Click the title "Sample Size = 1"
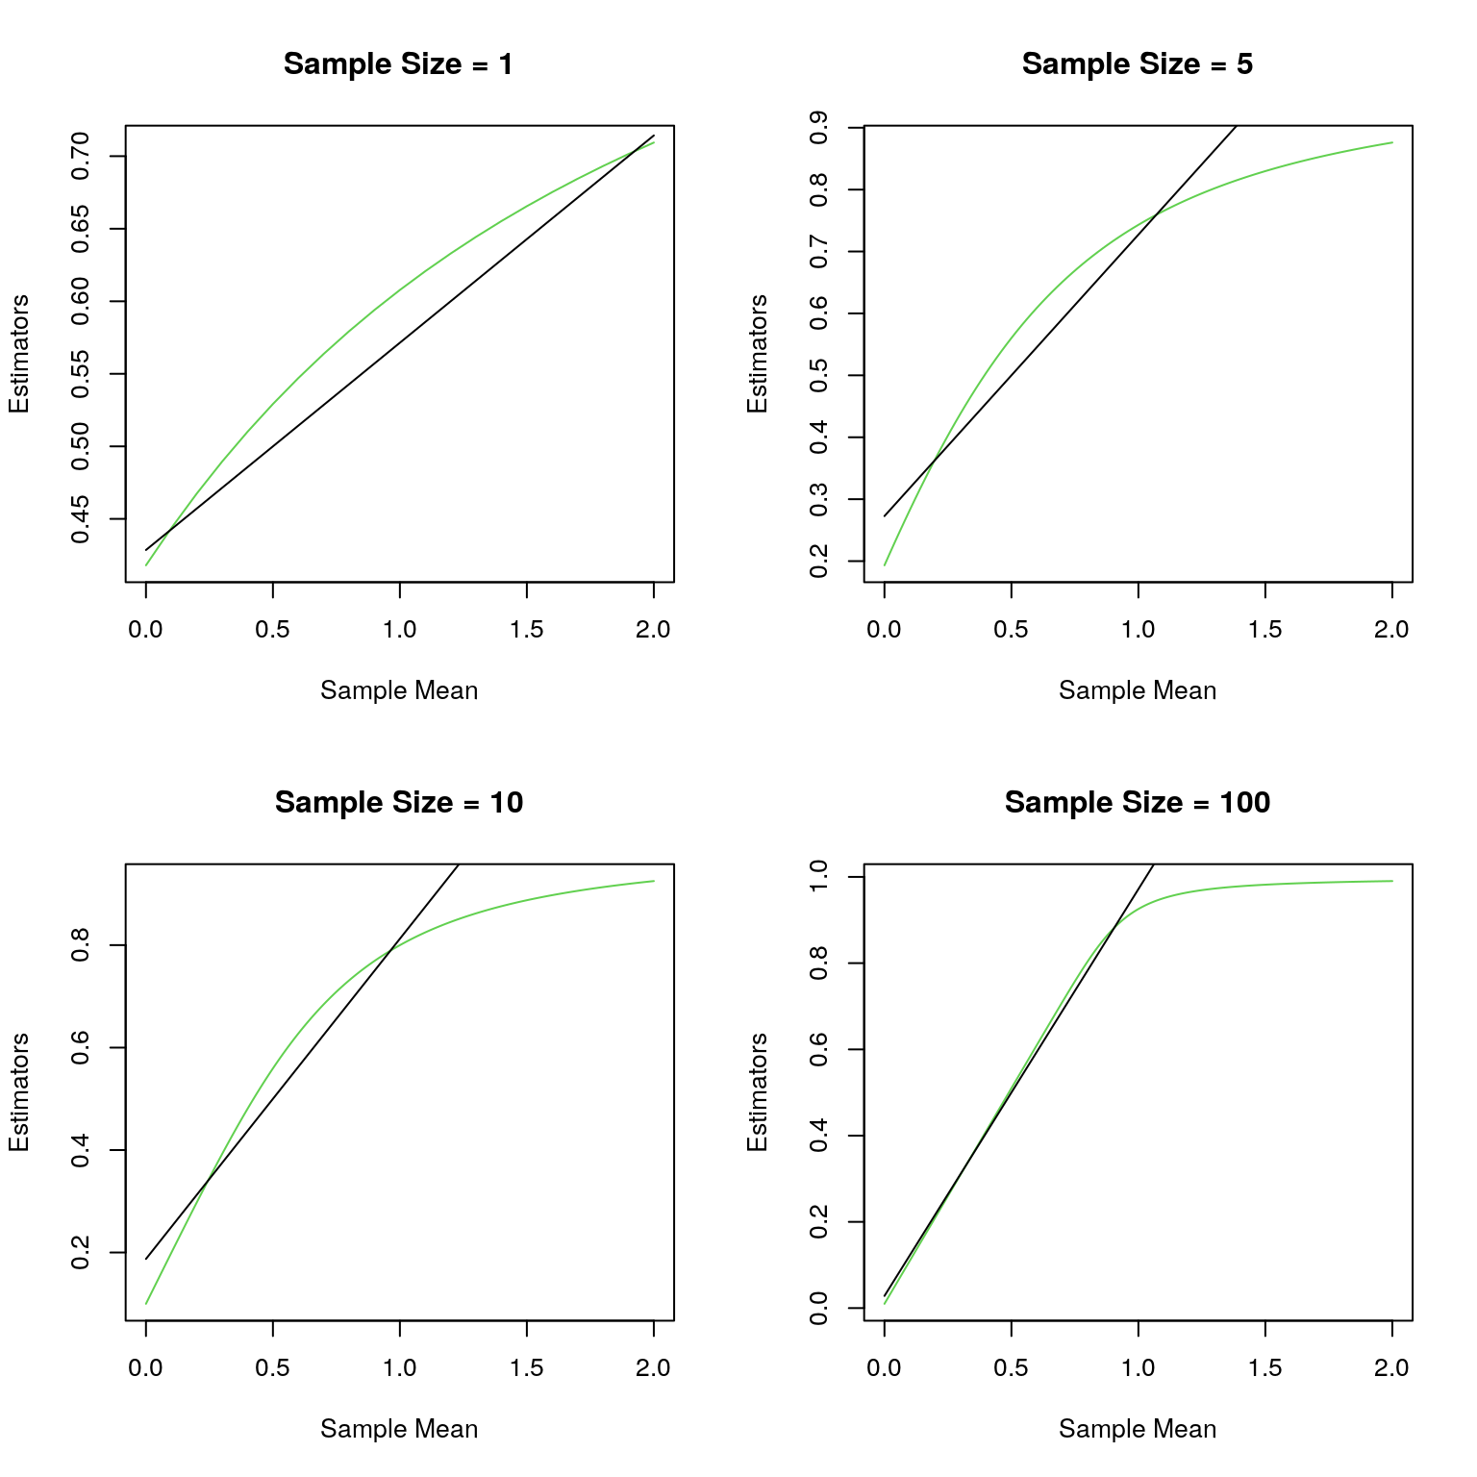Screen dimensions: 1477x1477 (x=398, y=64)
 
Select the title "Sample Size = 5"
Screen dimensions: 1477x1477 (x=1137, y=64)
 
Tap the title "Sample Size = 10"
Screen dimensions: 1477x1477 (x=398, y=803)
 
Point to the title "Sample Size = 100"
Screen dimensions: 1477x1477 (x=1137, y=803)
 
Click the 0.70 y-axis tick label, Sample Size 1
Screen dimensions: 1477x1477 (x=81, y=156)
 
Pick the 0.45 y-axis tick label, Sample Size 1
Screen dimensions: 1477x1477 (x=81, y=519)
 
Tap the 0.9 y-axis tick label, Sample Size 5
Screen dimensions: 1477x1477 (x=819, y=128)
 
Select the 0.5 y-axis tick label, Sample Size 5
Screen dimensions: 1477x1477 (x=819, y=376)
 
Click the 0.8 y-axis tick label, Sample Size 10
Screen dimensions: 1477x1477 (x=81, y=945)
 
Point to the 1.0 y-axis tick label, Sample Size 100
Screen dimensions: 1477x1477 (x=819, y=877)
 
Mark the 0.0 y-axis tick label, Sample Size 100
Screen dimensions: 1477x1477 (x=819, y=1308)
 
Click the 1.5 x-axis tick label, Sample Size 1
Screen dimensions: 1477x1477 (x=526, y=630)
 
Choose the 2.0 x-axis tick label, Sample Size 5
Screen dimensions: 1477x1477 (x=1391, y=630)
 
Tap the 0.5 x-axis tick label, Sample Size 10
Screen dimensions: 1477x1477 (x=273, y=1368)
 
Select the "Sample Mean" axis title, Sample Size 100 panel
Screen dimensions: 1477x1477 (x=1137, y=1430)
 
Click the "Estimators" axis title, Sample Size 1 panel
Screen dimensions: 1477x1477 (x=19, y=354)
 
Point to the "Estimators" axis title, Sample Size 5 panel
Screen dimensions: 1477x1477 (x=758, y=354)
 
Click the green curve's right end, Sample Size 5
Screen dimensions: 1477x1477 (x=1391, y=143)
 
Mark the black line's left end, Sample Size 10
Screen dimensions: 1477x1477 (x=146, y=1259)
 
